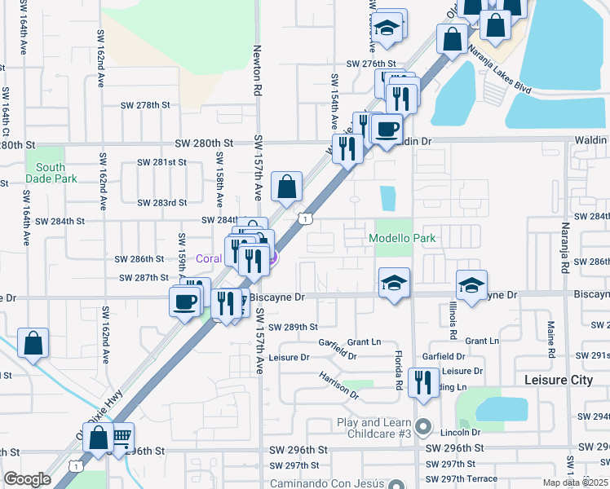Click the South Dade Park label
coord(51,173)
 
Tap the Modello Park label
coord(403,238)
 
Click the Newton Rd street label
coord(258,68)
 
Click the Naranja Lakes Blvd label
coord(500,61)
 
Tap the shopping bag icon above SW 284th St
coord(287,187)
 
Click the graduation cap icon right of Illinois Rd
coord(471,284)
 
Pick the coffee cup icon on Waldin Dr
coord(387,127)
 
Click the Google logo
coord(27,479)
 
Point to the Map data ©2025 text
coord(575,482)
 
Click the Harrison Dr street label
coord(339,385)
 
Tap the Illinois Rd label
coord(451,318)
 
